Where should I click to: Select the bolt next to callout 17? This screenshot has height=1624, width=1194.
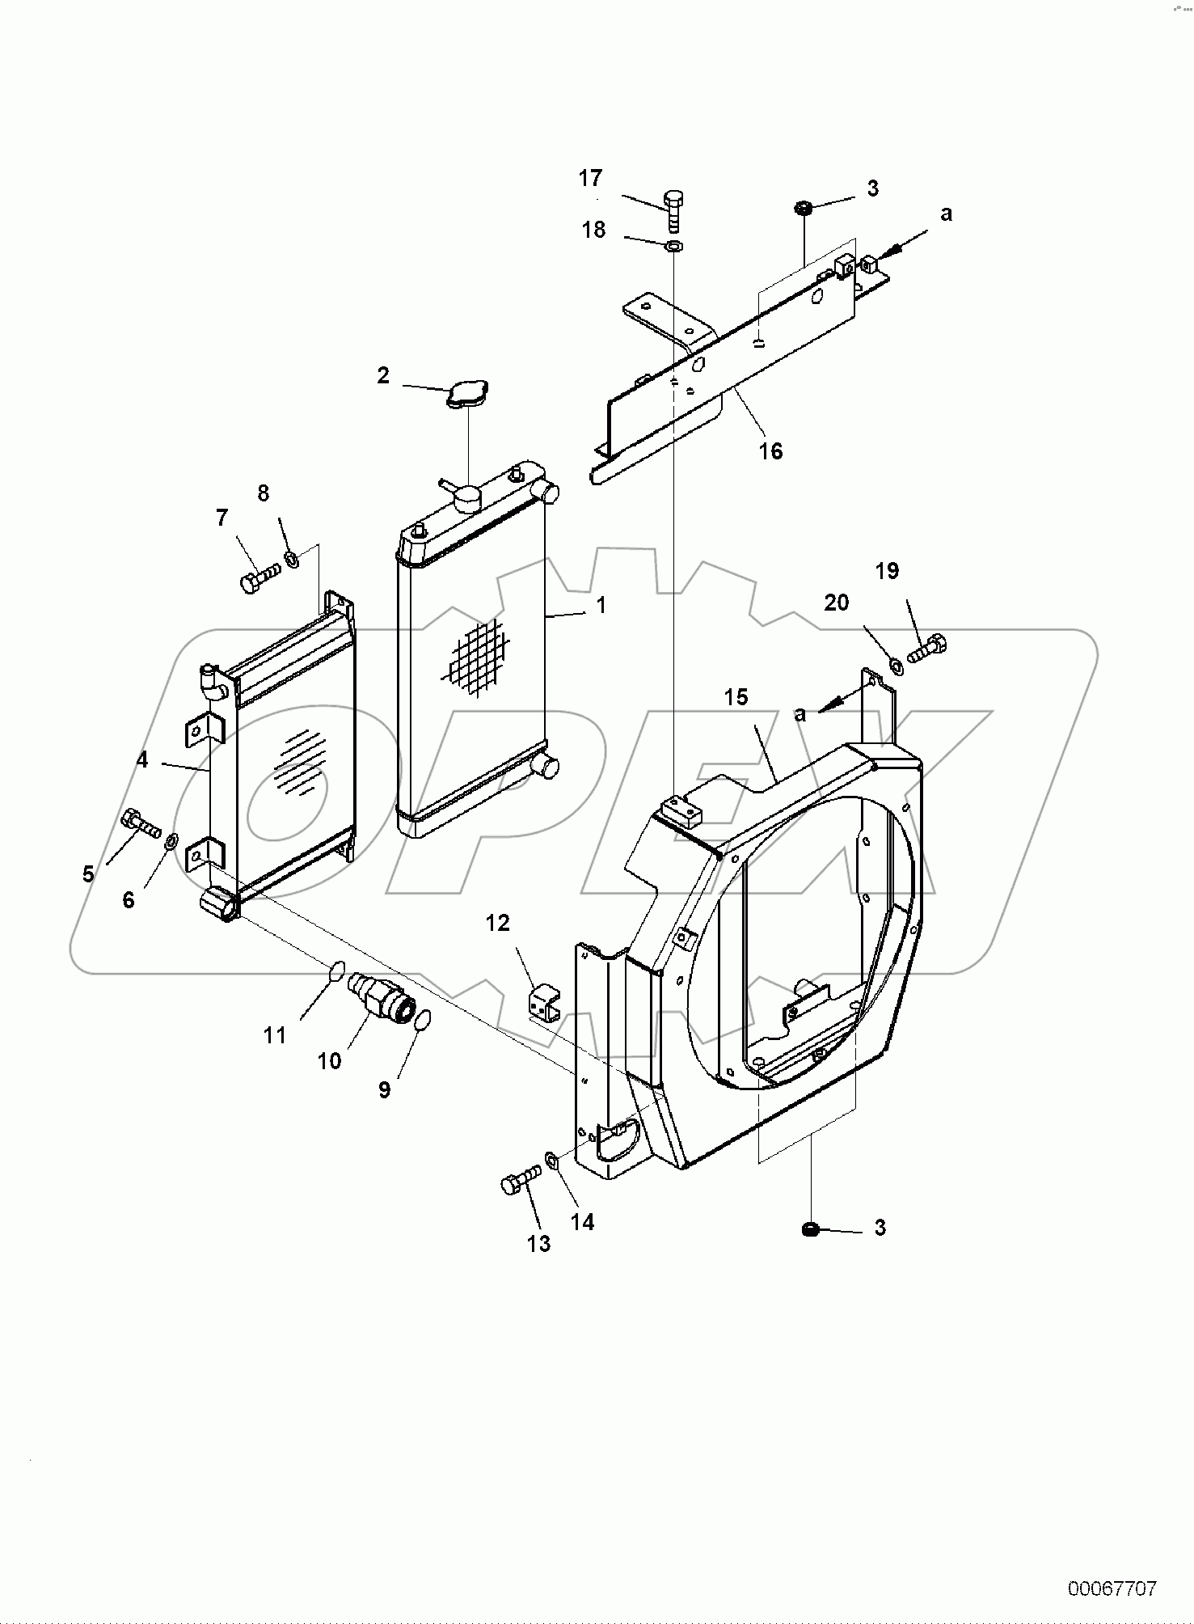(x=673, y=210)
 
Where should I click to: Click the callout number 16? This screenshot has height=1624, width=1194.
(x=770, y=451)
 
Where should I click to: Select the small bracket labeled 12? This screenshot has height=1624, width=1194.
(x=543, y=1004)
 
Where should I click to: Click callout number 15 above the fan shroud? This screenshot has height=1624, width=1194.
(x=736, y=697)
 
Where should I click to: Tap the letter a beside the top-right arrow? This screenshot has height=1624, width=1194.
(x=946, y=214)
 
